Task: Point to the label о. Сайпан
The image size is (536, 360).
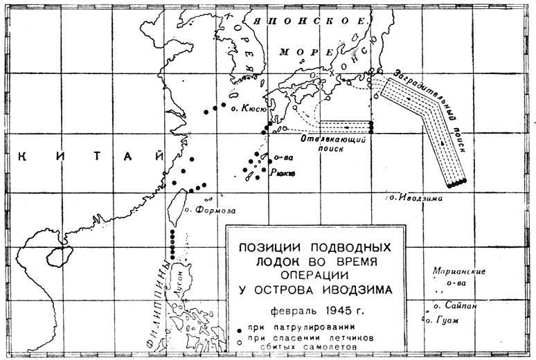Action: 455,305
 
